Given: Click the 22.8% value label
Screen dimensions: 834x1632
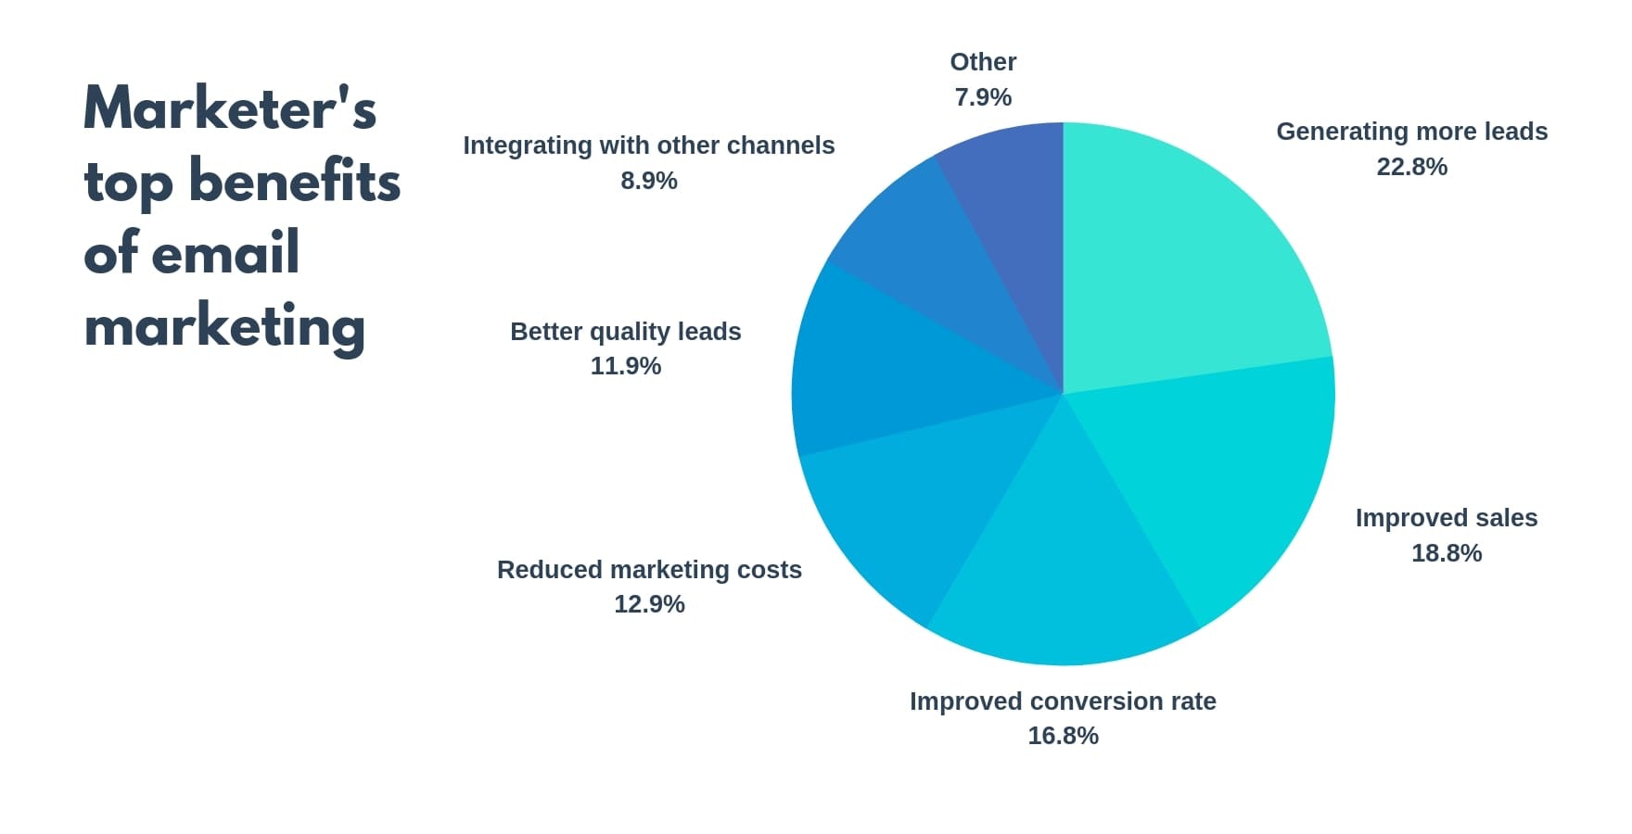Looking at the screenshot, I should [1411, 167].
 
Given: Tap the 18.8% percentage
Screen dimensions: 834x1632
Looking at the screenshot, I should [1447, 553].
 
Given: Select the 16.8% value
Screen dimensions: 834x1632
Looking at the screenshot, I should [1063, 736].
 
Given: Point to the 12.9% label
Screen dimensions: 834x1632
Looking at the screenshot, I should [649, 604].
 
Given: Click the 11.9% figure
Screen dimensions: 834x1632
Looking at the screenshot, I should [626, 366].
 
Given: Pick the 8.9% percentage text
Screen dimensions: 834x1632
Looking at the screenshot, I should [649, 181].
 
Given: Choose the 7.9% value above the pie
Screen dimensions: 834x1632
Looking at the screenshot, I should [983, 97].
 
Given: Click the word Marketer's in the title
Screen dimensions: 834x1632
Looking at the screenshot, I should [230, 108].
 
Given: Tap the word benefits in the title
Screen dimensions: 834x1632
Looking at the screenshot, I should [295, 181].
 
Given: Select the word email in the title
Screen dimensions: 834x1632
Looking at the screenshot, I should [225, 253].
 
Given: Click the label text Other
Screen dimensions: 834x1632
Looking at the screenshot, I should [983, 62].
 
